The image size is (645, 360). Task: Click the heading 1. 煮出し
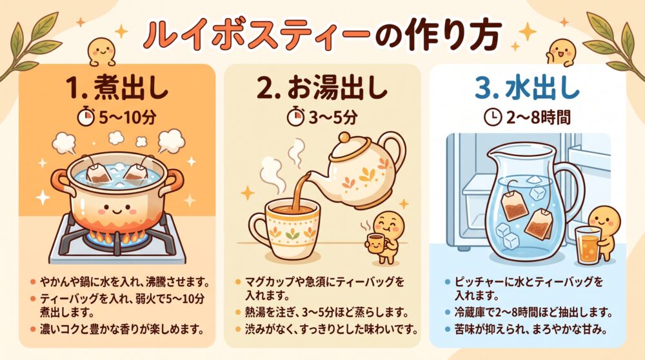point(117,89)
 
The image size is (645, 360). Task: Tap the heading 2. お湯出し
point(323,89)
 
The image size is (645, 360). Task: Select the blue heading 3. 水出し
point(528,89)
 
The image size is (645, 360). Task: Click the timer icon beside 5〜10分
point(86,116)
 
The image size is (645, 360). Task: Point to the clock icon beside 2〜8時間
point(493,117)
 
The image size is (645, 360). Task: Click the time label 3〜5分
point(333,117)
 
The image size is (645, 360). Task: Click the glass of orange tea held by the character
point(588,245)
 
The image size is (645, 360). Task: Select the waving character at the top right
point(562,52)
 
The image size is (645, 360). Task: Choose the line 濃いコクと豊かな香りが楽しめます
point(122,329)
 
